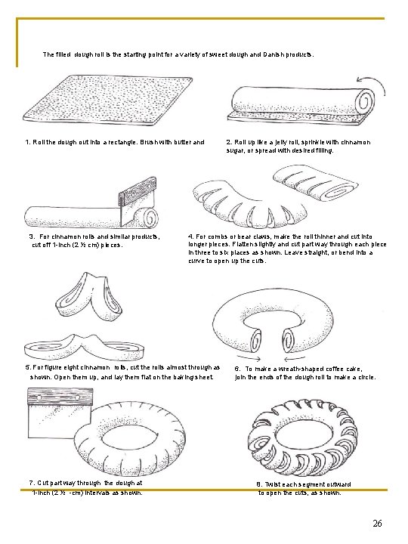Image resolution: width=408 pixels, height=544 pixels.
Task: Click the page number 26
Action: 377,523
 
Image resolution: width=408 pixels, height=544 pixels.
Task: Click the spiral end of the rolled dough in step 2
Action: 366,102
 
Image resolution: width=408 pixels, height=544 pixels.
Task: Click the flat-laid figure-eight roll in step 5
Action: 85,348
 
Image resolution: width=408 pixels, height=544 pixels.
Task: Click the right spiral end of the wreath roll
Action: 289,339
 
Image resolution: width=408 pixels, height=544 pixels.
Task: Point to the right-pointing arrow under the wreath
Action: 249,358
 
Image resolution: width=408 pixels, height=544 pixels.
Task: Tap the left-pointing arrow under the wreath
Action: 294,358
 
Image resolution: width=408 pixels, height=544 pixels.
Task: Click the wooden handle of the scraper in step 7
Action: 60,397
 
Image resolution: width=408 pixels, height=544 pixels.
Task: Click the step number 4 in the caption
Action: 190,236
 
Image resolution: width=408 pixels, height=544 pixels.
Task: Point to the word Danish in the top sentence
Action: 274,54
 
